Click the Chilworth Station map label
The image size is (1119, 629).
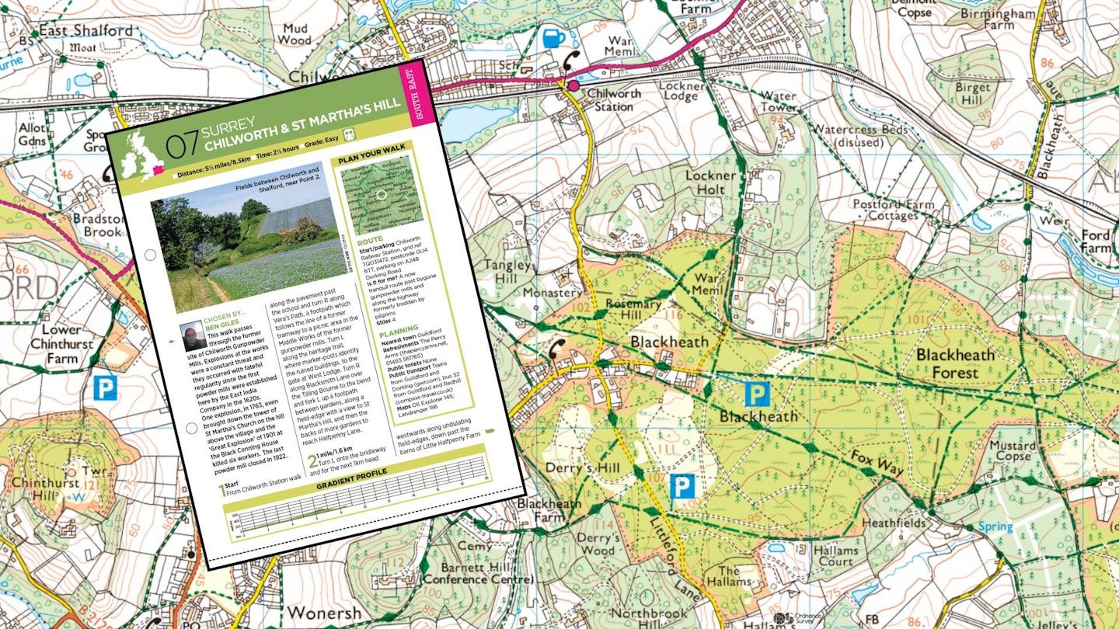pyautogui.click(x=613, y=100)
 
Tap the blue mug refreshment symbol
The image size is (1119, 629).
pyautogui.click(x=553, y=37)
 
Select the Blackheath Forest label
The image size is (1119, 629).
pyautogui.click(x=955, y=363)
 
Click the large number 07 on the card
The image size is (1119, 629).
pyautogui.click(x=183, y=145)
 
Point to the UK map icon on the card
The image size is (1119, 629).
pyautogui.click(x=139, y=155)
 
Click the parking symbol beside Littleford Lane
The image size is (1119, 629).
pyautogui.click(x=682, y=486)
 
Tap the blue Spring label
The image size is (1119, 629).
pyautogui.click(x=995, y=526)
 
